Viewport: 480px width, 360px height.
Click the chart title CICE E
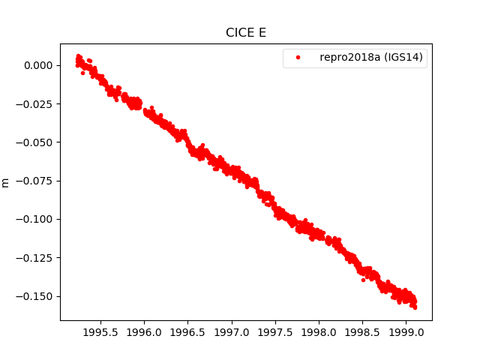245,33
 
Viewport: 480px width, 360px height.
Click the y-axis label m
6,182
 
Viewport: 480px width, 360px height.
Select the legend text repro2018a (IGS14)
372,58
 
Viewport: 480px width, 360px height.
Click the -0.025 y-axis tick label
36,103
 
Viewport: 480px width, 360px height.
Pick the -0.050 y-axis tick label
36,142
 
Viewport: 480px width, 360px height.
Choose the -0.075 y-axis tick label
36,181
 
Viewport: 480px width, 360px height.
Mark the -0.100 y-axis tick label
36,219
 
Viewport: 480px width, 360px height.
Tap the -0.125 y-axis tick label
36,257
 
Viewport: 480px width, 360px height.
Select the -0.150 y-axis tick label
36,295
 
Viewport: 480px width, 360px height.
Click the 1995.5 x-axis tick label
100,331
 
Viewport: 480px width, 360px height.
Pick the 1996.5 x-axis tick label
188,331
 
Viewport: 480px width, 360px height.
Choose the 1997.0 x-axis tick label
232,331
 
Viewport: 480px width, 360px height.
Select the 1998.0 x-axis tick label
319,331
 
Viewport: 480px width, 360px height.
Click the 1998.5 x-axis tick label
363,331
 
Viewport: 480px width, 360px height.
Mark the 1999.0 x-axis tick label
406,331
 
